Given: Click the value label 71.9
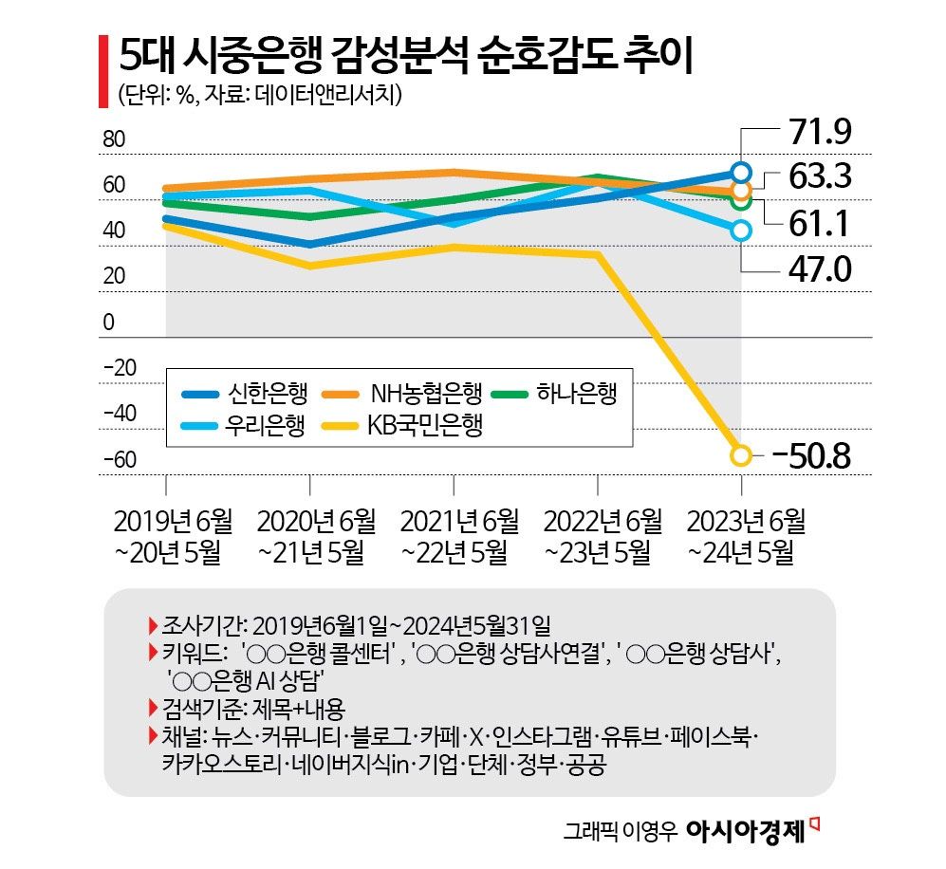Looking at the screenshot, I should coord(815,132).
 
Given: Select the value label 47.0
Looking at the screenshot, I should coord(815,270).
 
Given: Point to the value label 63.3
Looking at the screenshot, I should coord(815,177).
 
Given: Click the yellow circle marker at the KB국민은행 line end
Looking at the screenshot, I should coord(741,455).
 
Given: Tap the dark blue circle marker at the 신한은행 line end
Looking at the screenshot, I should coord(742,172).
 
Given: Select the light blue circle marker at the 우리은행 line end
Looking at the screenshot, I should coord(741,231).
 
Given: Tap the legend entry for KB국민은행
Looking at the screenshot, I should coord(398,426).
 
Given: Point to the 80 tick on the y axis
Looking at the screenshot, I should coord(113,139).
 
